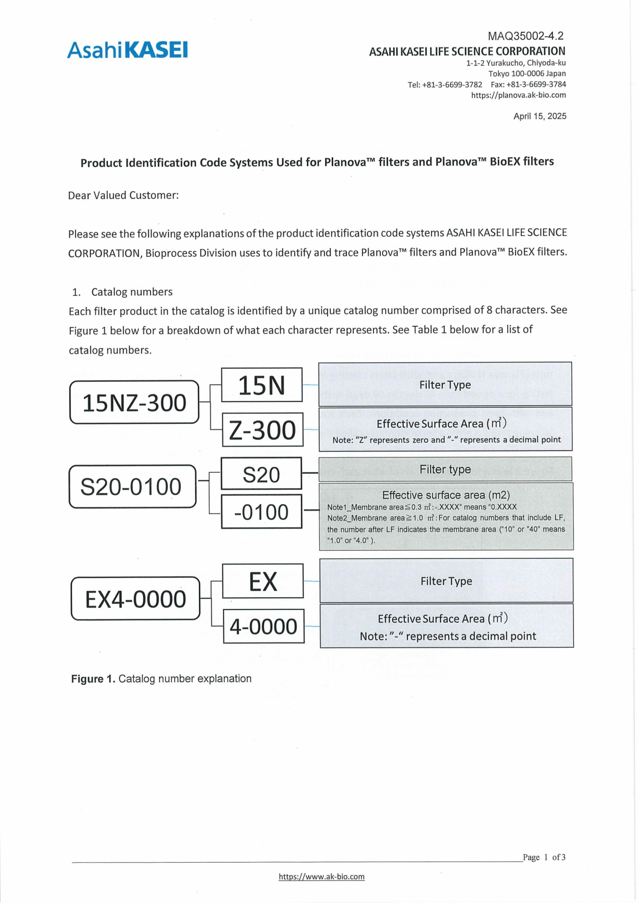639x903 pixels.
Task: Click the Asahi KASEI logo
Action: coord(127,50)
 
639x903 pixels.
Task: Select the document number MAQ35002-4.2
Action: coord(525,36)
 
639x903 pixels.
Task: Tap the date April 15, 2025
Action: coord(540,116)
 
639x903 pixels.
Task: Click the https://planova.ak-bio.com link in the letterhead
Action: coord(519,95)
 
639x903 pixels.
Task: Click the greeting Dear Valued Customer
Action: coord(123,195)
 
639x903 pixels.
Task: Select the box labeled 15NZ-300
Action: coord(135,403)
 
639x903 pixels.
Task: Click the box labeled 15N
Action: coord(262,385)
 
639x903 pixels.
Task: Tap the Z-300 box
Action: coord(263,430)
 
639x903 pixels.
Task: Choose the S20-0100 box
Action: coord(132,487)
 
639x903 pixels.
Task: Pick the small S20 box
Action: coord(261,474)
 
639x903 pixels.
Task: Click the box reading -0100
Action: coord(261,512)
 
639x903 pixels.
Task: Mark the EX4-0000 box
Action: coord(136,599)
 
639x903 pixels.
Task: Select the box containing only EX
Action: coord(263,581)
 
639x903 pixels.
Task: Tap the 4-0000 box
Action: coord(264,626)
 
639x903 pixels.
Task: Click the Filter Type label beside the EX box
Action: coord(446,581)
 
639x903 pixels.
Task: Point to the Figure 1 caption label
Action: coord(93,679)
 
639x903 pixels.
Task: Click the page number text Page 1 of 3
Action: coord(544,857)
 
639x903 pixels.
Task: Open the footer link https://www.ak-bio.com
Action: coord(321,877)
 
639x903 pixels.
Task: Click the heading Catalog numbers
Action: coord(132,292)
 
